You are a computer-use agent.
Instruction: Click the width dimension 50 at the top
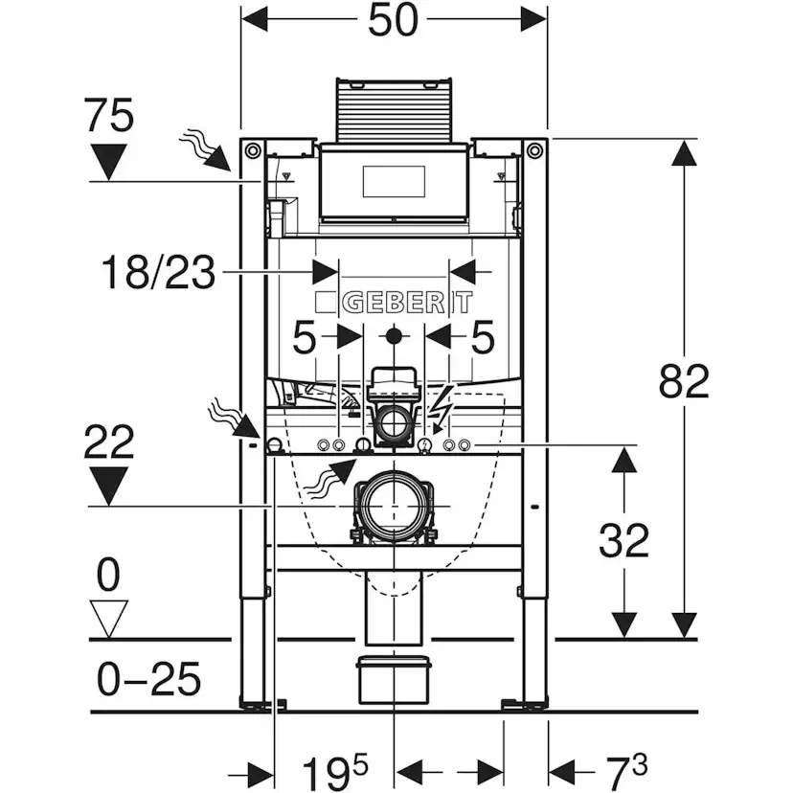[x=393, y=21]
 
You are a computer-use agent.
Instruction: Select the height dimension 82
[x=684, y=382]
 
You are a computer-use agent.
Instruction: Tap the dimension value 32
[x=623, y=541]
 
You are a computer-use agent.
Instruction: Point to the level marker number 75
[x=108, y=118]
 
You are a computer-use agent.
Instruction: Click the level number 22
[x=108, y=444]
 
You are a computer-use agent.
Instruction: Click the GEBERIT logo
[x=394, y=304]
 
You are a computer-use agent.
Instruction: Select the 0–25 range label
[x=149, y=680]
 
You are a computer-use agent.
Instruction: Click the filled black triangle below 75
[x=108, y=160]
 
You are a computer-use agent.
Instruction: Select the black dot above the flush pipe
[x=394, y=337]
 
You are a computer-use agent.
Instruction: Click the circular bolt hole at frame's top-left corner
[x=253, y=150]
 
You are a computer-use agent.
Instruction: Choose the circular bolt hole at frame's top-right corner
[x=534, y=150]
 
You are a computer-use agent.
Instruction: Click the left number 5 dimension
[x=305, y=338]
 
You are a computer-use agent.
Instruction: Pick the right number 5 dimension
[x=482, y=338]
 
